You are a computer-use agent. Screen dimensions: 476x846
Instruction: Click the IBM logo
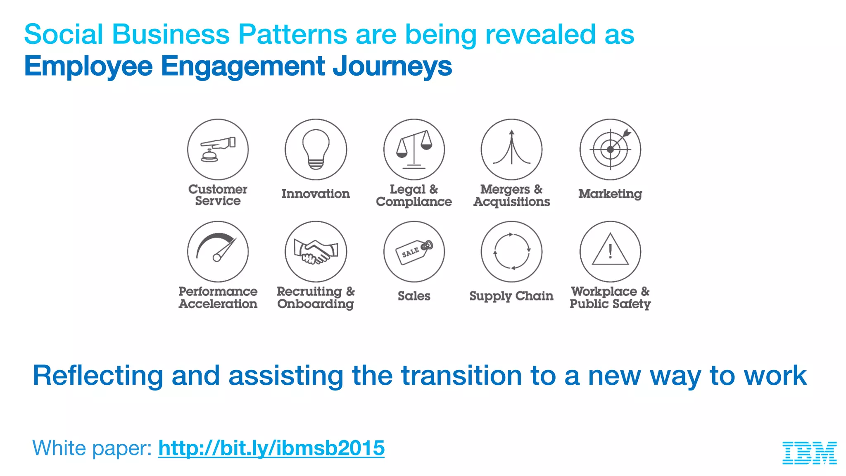(x=809, y=453)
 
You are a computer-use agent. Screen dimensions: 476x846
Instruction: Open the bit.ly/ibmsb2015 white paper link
(x=271, y=448)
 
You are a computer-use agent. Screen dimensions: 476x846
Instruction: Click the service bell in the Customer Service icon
(x=209, y=156)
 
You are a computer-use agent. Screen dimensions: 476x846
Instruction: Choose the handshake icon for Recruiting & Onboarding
(x=316, y=252)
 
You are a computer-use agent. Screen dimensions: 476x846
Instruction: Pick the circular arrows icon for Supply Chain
(x=512, y=252)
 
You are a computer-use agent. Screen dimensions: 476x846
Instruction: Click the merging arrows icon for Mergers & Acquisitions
(x=512, y=149)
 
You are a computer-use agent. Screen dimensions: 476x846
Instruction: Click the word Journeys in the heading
(x=392, y=66)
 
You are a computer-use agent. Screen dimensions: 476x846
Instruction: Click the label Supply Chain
(x=511, y=296)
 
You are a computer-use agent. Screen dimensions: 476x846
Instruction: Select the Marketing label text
(x=610, y=194)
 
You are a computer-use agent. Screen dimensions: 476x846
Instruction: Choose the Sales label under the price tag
(x=414, y=296)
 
